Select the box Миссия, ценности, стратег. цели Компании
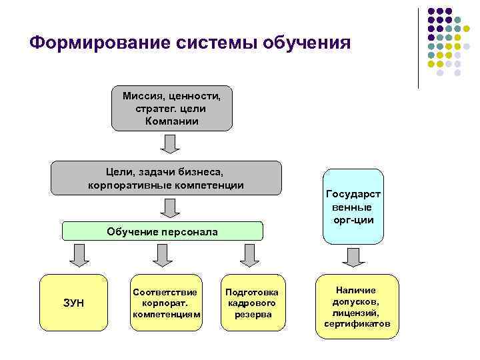[171, 107]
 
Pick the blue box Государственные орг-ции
[353, 207]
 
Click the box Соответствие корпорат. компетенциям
[166, 302]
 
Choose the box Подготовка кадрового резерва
[253, 302]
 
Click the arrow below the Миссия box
[171, 143]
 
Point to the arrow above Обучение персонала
[171, 208]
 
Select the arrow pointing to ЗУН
[79, 255]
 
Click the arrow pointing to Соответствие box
[161, 255]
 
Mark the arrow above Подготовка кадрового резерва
[250, 255]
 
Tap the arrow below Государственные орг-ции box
[351, 257]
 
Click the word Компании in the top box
[171, 121]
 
